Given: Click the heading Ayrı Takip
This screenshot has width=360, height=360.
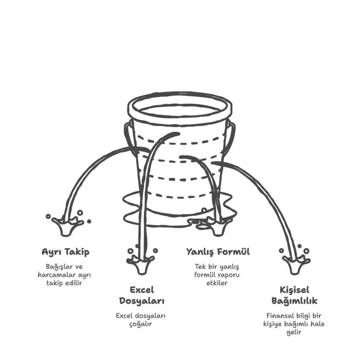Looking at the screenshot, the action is coord(65,252).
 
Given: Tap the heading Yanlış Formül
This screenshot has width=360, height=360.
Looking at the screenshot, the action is coord(218,252).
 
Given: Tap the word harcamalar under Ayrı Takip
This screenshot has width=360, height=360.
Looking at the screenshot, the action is coord(57,275).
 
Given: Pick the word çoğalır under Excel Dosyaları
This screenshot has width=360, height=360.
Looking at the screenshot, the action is coord(141,324).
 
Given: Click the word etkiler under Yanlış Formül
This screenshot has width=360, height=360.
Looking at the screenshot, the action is coord(217,283).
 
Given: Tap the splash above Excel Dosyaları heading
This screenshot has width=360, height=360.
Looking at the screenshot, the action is coord(140,264).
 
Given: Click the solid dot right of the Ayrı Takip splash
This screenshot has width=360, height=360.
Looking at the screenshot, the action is coord(89,221).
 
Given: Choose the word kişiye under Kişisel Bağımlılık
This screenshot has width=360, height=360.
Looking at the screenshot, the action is coord(272,324).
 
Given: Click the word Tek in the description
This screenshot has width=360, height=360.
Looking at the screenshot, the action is coord(200,267).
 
